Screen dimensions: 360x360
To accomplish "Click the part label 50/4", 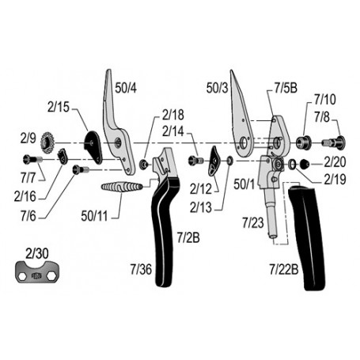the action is [x=126, y=88].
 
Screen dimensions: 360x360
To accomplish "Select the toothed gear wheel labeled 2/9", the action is [x=47, y=143].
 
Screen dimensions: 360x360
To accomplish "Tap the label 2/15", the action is [x=59, y=107].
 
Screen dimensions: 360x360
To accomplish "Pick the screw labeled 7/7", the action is [x=32, y=159].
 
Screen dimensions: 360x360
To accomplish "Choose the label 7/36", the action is [x=141, y=269].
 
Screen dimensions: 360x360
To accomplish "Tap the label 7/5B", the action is [x=286, y=88].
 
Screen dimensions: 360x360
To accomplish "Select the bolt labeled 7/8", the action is [x=334, y=142].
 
